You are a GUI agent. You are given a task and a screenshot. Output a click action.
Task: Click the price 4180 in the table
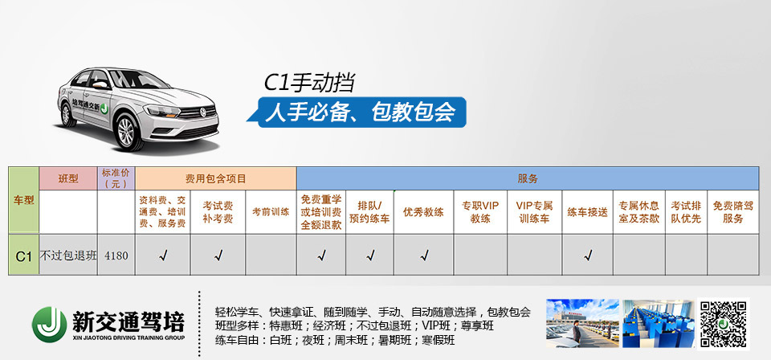click(116, 256)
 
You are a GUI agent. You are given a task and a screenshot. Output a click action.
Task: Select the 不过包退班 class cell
click(68, 256)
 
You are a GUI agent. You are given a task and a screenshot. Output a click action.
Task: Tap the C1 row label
click(23, 256)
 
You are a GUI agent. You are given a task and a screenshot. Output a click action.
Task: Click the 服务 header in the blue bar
click(528, 179)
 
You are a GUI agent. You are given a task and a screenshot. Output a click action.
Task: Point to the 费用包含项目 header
click(216, 178)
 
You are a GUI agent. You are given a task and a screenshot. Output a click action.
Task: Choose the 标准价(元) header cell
click(116, 178)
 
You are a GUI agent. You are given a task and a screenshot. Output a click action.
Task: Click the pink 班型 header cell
click(67, 178)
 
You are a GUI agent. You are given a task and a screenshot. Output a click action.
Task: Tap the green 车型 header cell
click(23, 200)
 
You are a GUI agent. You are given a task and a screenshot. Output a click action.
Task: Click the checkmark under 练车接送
click(588, 256)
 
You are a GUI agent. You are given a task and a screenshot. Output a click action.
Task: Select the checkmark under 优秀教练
click(424, 256)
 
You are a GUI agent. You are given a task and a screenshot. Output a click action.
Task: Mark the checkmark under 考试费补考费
click(218, 256)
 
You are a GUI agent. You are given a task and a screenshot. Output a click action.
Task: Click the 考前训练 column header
click(271, 212)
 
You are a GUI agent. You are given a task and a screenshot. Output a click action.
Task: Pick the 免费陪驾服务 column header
click(733, 212)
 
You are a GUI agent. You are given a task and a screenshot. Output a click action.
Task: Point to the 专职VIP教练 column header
click(480, 212)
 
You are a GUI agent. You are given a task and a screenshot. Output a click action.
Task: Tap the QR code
click(724, 324)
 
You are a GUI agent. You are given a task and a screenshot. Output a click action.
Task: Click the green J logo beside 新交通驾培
click(50, 324)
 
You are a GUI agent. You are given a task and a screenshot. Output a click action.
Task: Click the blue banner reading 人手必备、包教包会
click(361, 112)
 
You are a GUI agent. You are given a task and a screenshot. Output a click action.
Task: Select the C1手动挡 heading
click(309, 83)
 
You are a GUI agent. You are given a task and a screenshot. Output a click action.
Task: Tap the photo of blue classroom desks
click(659, 324)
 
